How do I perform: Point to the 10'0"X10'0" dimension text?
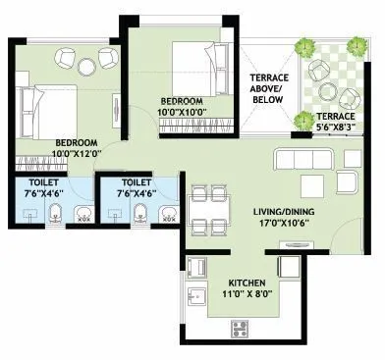(183, 113)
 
